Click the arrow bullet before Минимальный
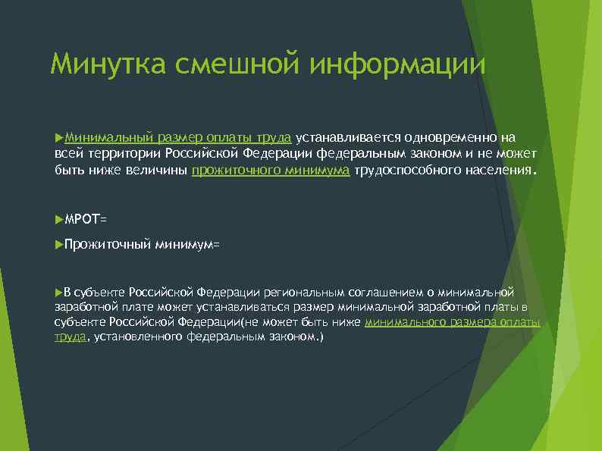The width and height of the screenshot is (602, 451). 59,137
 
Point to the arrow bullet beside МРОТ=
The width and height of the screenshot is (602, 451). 59,218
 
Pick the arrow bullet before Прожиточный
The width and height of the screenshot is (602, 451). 59,244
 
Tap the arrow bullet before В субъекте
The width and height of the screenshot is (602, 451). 59,292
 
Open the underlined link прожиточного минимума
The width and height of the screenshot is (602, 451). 271,171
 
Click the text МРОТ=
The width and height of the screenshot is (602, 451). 86,219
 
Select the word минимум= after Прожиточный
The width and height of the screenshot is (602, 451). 187,245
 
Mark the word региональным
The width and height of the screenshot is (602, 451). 304,293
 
